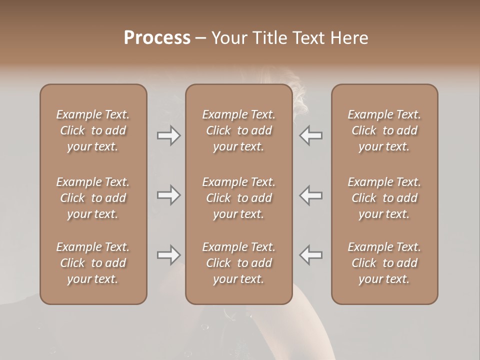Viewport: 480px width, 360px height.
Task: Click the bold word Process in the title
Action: pos(157,38)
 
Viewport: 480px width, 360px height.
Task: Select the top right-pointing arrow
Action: pos(168,135)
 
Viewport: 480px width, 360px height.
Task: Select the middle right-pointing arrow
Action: pos(168,195)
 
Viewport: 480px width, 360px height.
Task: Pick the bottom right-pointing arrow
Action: pos(168,255)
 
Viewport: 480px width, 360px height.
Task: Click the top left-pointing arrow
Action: pos(311,135)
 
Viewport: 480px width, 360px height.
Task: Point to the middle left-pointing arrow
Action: pos(311,195)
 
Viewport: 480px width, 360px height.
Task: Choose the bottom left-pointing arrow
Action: pos(311,255)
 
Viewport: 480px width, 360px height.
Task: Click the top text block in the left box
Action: pos(93,130)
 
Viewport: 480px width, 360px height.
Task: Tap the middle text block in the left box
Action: pos(93,198)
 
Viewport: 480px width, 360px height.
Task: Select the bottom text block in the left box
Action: pos(93,263)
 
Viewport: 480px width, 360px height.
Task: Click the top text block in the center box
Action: pos(238,130)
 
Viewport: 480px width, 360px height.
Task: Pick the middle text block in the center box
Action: pos(238,198)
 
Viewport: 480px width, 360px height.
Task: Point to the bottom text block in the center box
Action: pos(238,263)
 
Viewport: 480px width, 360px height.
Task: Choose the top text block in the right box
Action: pos(384,130)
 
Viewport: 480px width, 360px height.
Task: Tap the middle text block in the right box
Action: pos(384,198)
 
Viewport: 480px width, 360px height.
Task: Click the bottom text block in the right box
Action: pos(384,263)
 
